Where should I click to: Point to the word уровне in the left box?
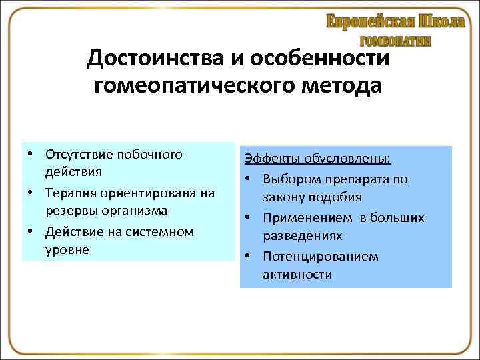coord(63,249)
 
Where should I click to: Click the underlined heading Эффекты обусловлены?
coord(317,159)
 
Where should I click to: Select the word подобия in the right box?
coord(339,197)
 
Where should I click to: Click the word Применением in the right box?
coord(300,217)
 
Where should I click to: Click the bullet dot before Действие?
coord(32,231)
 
